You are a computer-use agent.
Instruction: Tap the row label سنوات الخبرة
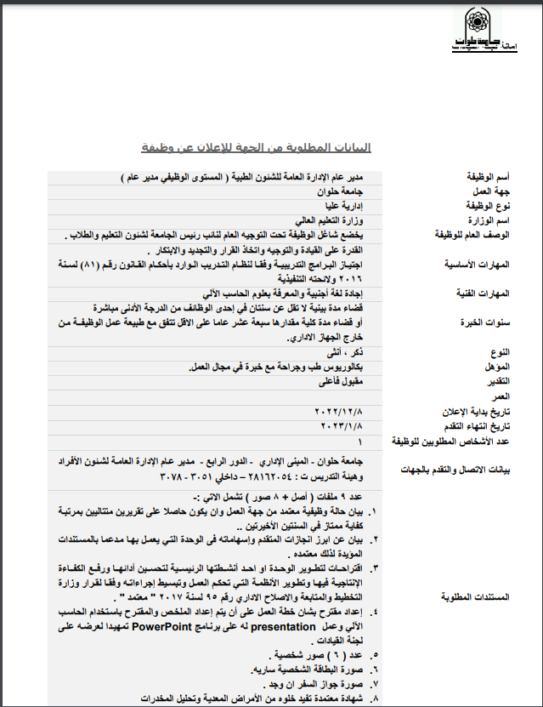point(487,323)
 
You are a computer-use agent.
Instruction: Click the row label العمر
point(499,396)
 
